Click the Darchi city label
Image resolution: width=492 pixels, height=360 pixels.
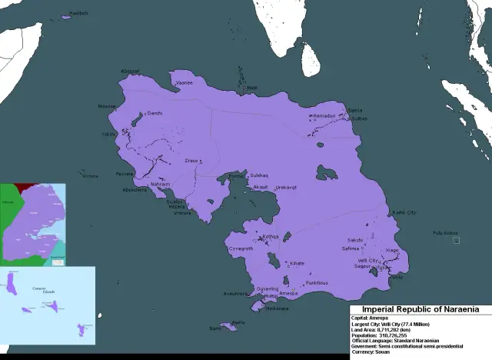point(155,112)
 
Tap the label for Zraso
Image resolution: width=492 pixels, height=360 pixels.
point(191,160)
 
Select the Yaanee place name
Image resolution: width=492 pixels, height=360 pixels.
point(184,82)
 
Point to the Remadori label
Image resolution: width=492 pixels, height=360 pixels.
point(324,115)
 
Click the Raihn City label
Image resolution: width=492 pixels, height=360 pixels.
point(404,212)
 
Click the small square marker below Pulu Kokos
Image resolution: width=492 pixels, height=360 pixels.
point(456,241)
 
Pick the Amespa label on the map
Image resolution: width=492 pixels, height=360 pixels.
point(288,293)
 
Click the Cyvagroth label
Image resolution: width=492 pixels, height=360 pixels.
point(241,248)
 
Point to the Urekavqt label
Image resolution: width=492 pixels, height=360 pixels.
point(286,187)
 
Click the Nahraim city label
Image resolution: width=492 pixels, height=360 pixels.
point(160,185)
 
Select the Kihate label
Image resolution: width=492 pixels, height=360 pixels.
point(297,263)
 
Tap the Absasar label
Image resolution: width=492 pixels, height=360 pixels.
point(130,71)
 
